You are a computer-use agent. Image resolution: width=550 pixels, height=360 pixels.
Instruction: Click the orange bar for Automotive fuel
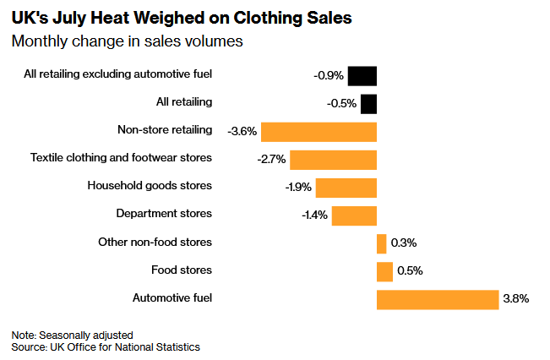(438, 300)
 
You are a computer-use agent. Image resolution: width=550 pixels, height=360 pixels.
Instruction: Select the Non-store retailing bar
(319, 132)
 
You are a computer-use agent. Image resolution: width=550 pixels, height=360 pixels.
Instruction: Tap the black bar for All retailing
(368, 104)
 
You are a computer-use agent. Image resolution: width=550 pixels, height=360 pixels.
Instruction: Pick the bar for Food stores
(384, 271)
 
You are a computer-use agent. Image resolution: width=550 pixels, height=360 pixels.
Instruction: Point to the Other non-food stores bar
(382, 244)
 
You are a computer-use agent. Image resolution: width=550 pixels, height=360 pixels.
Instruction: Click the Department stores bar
(354, 215)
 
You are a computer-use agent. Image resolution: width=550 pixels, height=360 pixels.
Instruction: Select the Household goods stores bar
(346, 188)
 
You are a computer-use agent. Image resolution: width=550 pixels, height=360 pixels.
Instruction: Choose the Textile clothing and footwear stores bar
(333, 160)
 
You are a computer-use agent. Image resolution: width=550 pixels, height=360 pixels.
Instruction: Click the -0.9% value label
(329, 75)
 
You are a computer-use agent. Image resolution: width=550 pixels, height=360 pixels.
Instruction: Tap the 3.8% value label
(516, 298)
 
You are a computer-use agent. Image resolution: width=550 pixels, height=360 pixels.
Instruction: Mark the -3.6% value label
(242, 131)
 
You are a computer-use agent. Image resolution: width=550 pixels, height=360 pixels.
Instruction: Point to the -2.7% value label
(271, 160)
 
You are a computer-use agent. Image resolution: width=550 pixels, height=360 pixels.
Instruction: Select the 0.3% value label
(404, 243)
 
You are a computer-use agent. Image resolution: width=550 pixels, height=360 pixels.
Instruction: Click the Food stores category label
(182, 270)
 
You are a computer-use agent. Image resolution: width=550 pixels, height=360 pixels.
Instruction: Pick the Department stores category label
(164, 213)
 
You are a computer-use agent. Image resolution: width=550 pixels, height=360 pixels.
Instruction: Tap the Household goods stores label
(150, 185)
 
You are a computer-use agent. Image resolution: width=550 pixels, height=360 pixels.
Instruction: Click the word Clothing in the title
(268, 19)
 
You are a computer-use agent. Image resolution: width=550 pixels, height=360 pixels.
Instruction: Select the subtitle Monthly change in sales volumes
(127, 41)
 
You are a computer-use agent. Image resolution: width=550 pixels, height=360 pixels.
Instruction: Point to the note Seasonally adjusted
(73, 335)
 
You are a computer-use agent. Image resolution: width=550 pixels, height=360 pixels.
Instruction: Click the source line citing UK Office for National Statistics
(106, 347)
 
